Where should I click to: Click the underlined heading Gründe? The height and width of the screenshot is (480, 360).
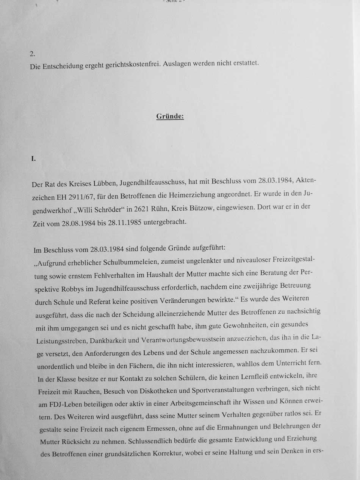coord(170,116)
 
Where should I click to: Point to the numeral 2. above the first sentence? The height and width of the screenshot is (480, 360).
coord(33,53)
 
